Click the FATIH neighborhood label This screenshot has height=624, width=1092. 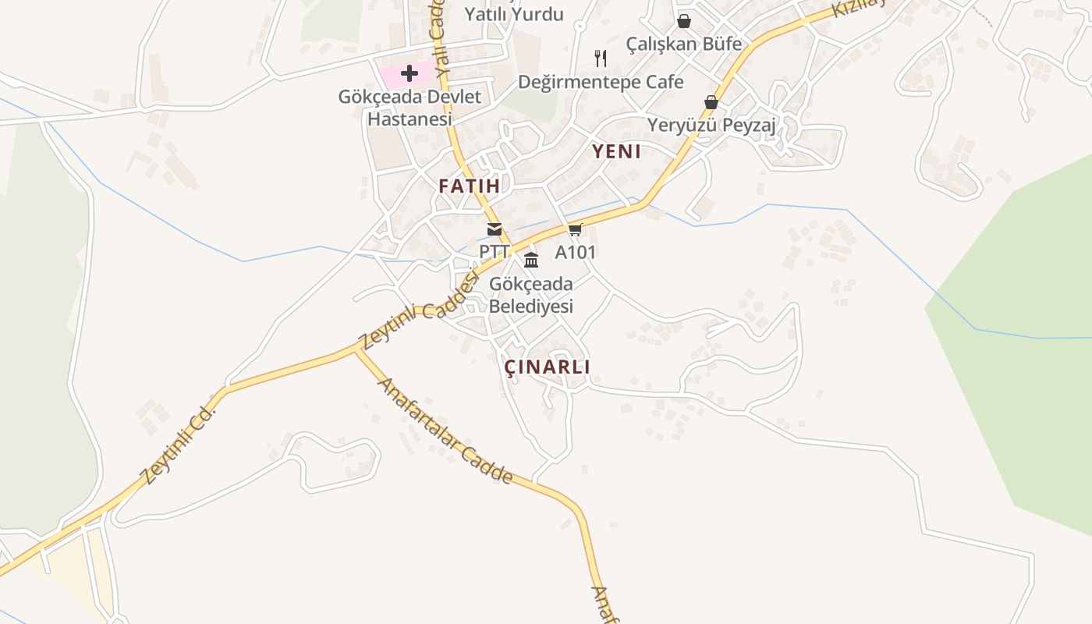point(469,186)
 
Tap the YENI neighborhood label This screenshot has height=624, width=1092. point(616,152)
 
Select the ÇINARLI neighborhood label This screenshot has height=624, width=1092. point(548,367)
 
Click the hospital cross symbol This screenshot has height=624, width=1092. point(409,74)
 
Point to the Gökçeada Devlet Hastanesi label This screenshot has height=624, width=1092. point(409,108)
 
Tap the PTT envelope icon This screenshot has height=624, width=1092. point(495,229)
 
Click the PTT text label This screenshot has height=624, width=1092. point(494,252)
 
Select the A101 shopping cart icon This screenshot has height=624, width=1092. point(576,229)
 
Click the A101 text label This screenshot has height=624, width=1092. point(575,252)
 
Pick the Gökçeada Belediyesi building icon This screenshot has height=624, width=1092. point(531,260)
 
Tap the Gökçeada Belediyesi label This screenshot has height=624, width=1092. point(531,295)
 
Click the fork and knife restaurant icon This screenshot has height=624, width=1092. point(601,58)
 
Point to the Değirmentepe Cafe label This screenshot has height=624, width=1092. point(601,82)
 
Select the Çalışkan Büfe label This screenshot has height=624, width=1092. point(684,44)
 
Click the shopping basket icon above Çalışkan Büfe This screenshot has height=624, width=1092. point(684,21)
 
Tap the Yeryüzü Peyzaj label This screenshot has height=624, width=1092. point(711,126)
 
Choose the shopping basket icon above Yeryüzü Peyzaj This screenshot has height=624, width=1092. point(711,102)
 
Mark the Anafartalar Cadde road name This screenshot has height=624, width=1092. point(445,431)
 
